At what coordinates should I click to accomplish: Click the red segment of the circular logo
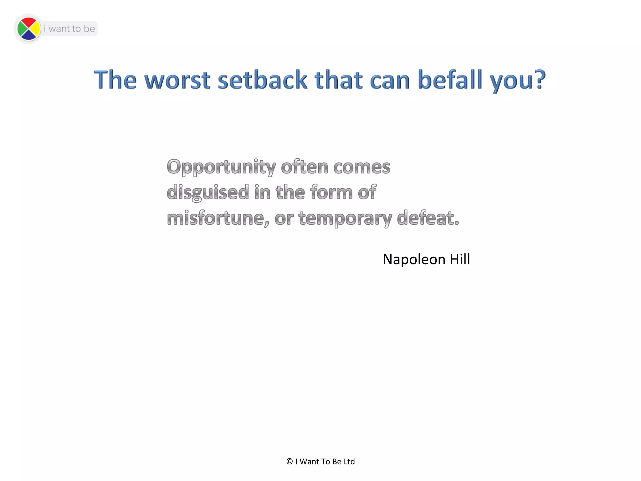tap(28, 23)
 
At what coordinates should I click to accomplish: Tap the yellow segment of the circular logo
tap(35, 29)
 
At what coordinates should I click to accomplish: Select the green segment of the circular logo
tap(22, 29)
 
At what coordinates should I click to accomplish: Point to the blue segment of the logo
tap(28, 35)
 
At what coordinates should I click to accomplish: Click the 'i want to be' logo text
tap(69, 29)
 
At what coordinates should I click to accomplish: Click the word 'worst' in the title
tap(177, 80)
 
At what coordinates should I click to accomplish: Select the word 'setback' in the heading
tap(262, 80)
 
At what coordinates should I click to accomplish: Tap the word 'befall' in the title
tap(450, 80)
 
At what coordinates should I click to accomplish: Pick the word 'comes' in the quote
tap(362, 167)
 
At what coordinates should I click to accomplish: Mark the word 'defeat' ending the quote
tap(426, 218)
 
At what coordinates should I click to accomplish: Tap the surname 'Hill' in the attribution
tap(460, 259)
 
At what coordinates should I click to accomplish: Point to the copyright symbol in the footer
tap(290, 462)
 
